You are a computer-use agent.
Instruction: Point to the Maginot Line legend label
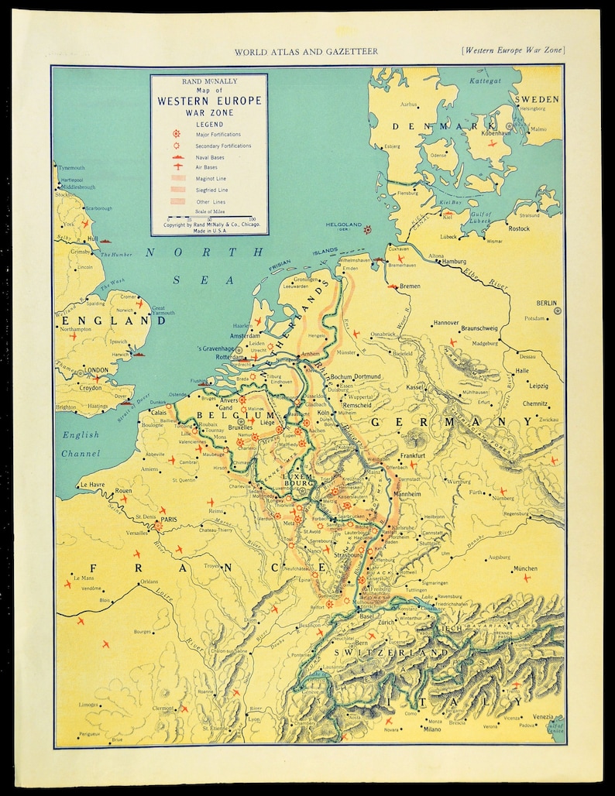coord(200,179)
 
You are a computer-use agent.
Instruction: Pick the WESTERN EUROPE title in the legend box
coord(209,101)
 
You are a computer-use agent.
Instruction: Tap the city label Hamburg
coord(457,262)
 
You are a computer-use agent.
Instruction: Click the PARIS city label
coord(170,520)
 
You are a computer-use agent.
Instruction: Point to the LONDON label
coord(96,371)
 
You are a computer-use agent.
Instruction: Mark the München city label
coord(524,568)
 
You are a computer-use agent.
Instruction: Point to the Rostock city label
coord(517,228)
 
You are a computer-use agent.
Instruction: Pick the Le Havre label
coord(91,485)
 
